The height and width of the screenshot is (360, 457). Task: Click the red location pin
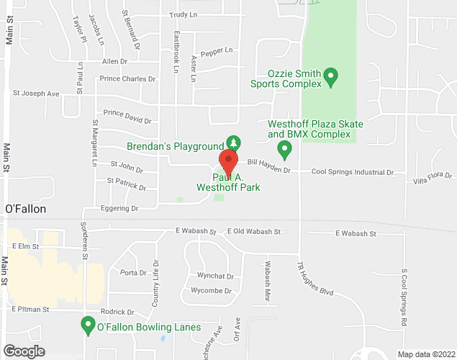pyautogui.click(x=228, y=159)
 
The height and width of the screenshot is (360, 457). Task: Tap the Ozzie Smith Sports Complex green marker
pyautogui.click(x=331, y=76)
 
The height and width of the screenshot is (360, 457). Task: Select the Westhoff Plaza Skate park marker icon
pyautogui.click(x=284, y=150)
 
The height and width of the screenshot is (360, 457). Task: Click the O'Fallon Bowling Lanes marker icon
pyautogui.click(x=88, y=327)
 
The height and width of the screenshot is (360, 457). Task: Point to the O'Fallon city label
pyautogui.click(x=25, y=209)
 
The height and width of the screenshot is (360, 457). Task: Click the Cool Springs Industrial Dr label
pyautogui.click(x=353, y=173)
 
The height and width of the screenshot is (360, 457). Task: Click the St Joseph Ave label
pyautogui.click(x=35, y=94)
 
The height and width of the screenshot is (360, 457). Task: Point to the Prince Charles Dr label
pyautogui.click(x=128, y=78)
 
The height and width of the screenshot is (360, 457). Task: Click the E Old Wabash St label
pyautogui.click(x=253, y=232)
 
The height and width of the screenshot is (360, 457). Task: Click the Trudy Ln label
pyautogui.click(x=183, y=14)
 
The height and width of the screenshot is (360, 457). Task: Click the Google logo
pyautogui.click(x=23, y=351)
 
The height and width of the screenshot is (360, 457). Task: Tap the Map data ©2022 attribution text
pyautogui.click(x=425, y=354)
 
